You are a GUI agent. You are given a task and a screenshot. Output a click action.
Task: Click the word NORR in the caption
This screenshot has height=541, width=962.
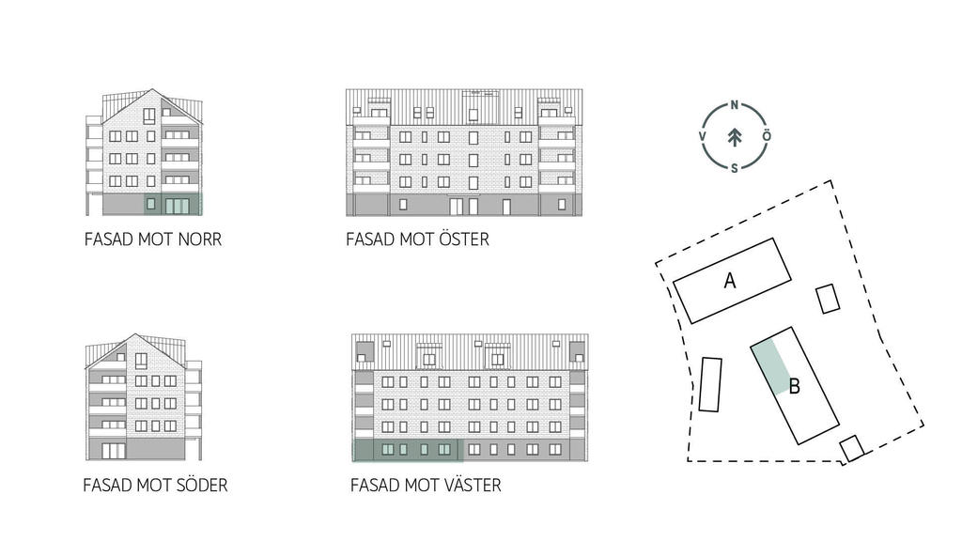coord(199,240)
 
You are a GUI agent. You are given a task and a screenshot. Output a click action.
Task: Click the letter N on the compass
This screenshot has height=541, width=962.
coord(735,105)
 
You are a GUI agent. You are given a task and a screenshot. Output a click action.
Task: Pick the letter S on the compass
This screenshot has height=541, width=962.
coord(735,168)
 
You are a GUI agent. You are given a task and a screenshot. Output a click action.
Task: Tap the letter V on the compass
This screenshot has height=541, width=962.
coord(703,136)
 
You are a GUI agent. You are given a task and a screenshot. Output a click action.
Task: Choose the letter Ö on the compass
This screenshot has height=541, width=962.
coord(767,135)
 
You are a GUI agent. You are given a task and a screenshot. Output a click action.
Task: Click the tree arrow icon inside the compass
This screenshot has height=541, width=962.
coord(735,137)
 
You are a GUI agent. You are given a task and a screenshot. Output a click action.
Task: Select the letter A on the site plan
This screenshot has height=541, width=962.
coord(729,281)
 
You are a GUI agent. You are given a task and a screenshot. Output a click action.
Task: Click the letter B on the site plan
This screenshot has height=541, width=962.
coord(795,387)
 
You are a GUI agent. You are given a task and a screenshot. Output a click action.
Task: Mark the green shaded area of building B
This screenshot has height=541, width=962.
coord(771,367)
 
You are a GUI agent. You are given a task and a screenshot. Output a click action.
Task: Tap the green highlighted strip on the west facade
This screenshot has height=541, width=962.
coord(406,450)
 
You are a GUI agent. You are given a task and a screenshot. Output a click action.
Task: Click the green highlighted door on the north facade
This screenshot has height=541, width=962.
coord(178,206)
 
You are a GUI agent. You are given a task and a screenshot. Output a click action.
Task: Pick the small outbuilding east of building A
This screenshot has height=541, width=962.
coord(828,299)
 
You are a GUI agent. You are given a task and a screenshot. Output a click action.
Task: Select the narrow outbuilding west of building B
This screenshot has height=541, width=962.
coord(710,384)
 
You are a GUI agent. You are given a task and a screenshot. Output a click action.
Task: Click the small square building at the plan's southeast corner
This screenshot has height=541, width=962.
coord(851,448)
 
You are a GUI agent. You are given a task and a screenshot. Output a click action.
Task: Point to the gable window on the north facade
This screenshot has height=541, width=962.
coord(149,116)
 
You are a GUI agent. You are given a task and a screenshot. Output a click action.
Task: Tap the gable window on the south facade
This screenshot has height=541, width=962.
coord(141,361)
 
